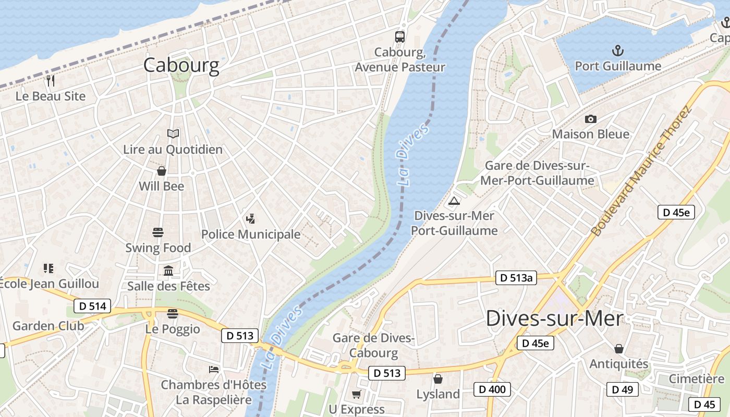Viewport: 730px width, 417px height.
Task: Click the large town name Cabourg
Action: click(x=181, y=65)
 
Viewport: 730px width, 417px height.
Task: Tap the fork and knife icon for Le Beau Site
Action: click(x=51, y=81)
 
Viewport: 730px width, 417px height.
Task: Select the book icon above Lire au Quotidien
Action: click(x=173, y=134)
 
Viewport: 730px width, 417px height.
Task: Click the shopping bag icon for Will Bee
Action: click(x=162, y=171)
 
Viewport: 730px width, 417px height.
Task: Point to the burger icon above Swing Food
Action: click(x=158, y=232)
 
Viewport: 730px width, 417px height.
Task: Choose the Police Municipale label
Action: click(x=251, y=235)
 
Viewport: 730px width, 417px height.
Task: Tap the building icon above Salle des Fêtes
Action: click(x=168, y=271)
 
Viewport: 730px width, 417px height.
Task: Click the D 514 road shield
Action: click(x=93, y=306)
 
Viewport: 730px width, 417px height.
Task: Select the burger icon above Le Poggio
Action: click(x=173, y=313)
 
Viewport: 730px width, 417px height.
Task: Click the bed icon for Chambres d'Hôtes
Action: click(x=214, y=369)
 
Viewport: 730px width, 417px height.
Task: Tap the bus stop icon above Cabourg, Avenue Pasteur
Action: click(x=400, y=36)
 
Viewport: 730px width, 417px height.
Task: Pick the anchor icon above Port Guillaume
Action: click(x=618, y=51)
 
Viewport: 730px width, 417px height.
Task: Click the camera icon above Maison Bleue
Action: click(x=591, y=119)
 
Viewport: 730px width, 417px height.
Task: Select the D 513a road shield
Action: click(x=516, y=278)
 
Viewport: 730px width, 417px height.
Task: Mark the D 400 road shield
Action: click(x=492, y=389)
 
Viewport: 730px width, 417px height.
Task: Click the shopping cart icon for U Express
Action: click(x=357, y=394)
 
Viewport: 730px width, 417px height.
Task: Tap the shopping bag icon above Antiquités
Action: click(x=619, y=348)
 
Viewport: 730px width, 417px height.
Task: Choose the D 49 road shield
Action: click(x=623, y=389)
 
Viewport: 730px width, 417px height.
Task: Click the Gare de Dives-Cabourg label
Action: click(x=373, y=346)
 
